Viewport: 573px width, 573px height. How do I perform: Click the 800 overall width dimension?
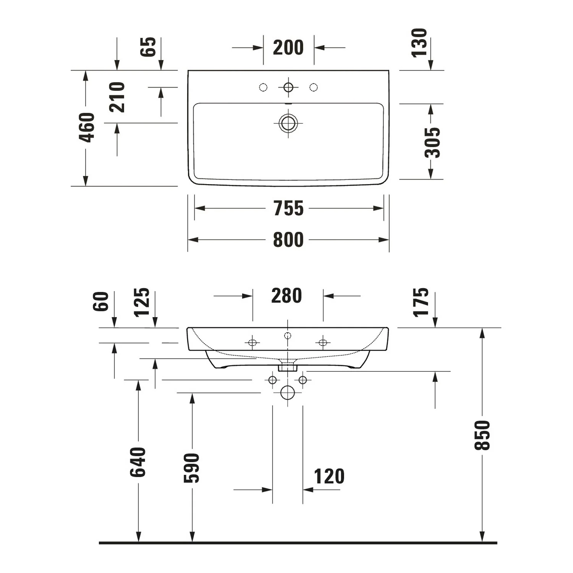coord(288,240)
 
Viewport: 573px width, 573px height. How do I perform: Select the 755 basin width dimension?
coord(288,209)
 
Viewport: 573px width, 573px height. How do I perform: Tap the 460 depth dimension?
coord(87,128)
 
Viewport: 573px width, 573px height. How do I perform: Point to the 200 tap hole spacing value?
coord(288,48)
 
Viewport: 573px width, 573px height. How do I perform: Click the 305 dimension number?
coord(432,142)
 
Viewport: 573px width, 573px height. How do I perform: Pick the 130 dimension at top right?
coord(419,43)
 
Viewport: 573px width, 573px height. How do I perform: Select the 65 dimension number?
coord(148,47)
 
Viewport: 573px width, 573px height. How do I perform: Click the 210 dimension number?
coord(117,97)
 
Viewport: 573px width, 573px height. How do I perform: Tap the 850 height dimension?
coord(482,435)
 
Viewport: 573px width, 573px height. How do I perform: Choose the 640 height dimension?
coord(138,462)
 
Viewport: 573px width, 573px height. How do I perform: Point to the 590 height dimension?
coord(192,468)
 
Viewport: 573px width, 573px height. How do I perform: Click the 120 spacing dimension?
coord(329,477)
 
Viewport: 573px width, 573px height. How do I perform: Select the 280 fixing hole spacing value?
coord(286,296)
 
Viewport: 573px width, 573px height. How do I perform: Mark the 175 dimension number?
coord(421,303)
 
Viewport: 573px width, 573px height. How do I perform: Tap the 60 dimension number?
coord(101,301)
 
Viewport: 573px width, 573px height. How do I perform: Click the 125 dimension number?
coord(142,303)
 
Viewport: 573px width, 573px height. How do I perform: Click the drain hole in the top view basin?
coord(288,123)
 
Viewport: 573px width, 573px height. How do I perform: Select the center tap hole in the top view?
coord(288,87)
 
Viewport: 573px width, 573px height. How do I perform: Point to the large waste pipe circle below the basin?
coord(288,392)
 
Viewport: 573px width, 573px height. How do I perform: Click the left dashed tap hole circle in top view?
coord(263,87)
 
